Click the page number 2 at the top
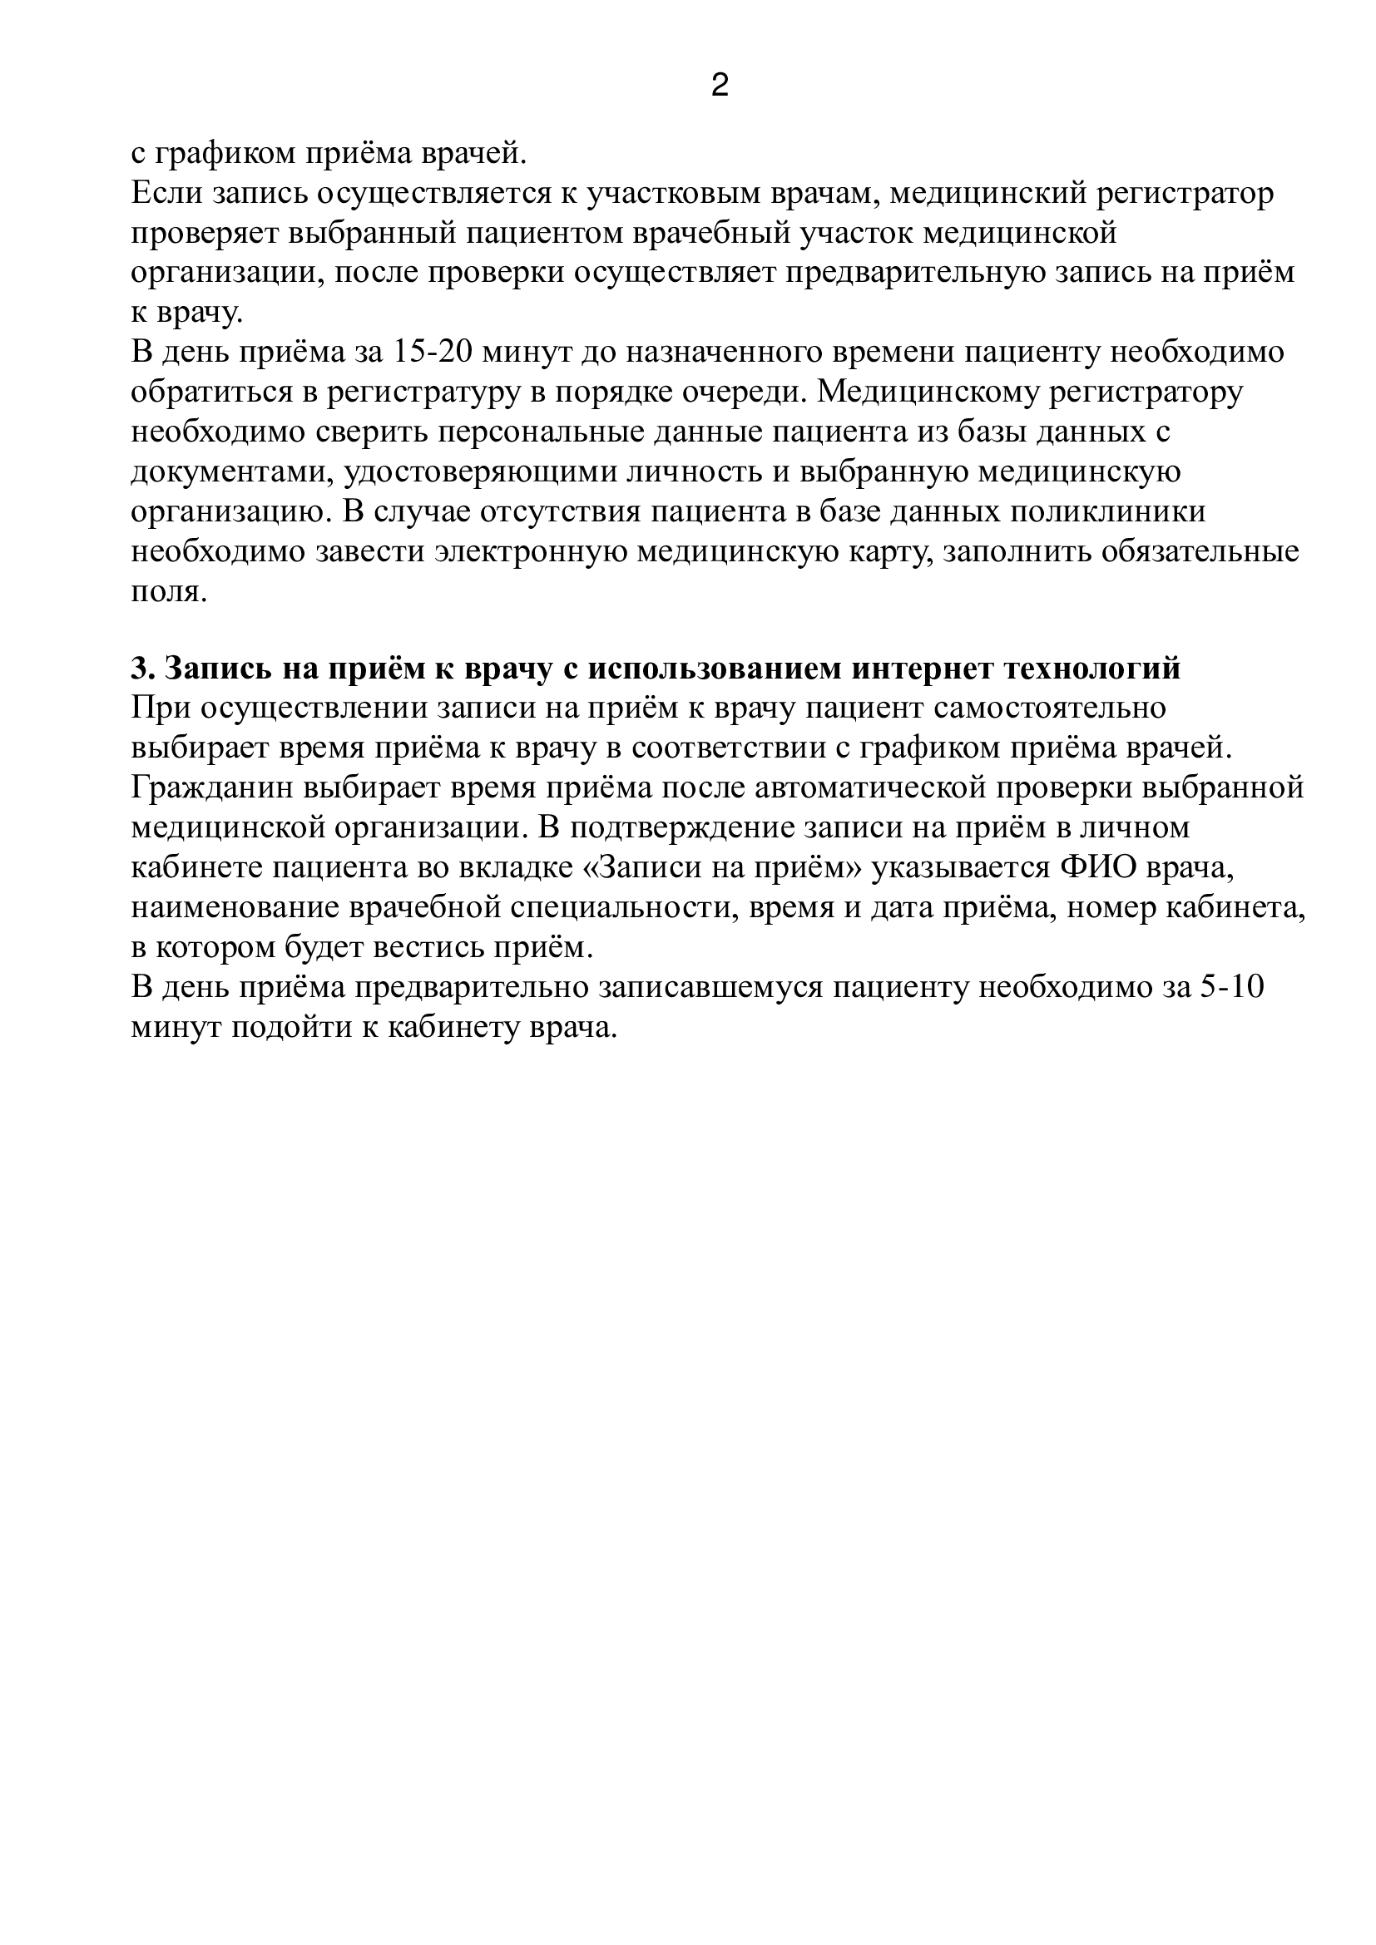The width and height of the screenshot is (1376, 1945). [720, 85]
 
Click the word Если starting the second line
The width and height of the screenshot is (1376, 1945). [166, 194]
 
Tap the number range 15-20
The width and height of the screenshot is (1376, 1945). [433, 352]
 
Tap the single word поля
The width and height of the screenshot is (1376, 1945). [169, 591]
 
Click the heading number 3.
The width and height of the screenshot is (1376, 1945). [141, 669]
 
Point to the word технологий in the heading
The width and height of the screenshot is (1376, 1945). [1093, 669]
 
